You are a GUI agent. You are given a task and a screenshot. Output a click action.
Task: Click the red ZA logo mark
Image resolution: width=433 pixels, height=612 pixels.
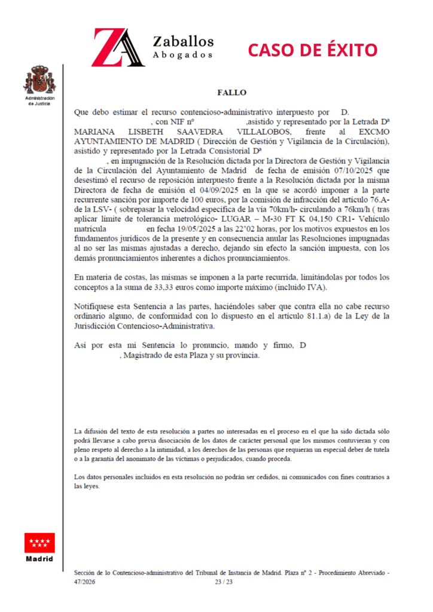click(x=117, y=48)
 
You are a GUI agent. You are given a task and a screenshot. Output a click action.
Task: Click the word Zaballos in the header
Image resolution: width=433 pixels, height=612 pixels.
click(x=183, y=41)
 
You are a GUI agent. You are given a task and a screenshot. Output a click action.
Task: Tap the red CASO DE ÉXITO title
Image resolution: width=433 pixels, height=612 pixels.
click(x=313, y=48)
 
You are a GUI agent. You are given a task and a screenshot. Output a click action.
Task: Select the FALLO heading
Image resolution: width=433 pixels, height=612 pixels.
click(x=231, y=93)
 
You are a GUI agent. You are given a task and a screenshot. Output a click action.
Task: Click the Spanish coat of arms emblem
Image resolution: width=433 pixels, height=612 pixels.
click(x=39, y=79)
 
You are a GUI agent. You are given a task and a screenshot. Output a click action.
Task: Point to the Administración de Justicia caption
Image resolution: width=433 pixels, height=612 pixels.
click(x=39, y=100)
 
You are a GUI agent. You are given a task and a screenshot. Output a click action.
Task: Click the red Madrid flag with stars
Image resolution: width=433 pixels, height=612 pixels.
click(x=39, y=542)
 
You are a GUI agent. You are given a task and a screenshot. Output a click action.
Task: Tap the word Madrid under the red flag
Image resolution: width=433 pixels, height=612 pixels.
click(x=39, y=559)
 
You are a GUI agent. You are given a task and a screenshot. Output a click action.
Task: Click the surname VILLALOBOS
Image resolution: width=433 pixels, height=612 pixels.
click(x=260, y=132)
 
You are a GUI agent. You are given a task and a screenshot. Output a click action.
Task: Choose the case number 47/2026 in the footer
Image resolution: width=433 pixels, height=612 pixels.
click(x=84, y=582)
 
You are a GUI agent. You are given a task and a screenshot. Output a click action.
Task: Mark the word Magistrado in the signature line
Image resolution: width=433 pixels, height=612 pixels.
click(x=145, y=355)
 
